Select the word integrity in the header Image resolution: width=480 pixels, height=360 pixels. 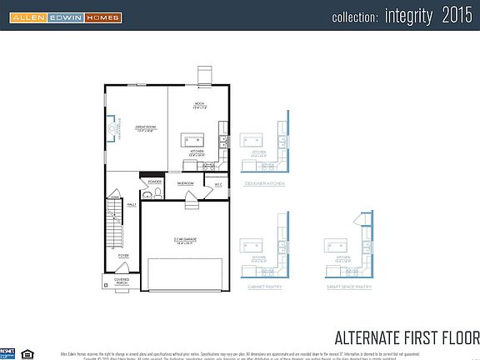point(409,16)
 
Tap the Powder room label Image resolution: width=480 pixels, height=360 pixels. point(154,181)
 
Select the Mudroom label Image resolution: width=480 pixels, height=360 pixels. point(186,183)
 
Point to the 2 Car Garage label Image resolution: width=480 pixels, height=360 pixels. point(184,242)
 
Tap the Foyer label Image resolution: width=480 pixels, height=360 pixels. point(123,256)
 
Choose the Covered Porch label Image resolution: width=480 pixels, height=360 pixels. point(122,282)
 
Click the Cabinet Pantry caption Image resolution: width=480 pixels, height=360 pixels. point(264,286)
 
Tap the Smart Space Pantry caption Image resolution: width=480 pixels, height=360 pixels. point(349,286)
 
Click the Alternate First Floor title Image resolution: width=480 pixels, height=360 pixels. point(407,337)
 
